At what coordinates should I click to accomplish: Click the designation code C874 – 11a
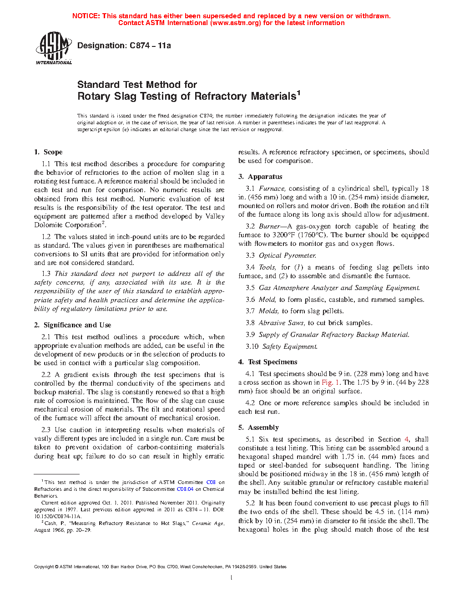coord(150,46)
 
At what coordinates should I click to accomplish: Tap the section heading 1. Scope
coord(48,152)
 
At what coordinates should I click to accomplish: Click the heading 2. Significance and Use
coord(72,325)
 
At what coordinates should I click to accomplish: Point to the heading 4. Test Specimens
coord(267,362)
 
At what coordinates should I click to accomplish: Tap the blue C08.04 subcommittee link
coord(185,489)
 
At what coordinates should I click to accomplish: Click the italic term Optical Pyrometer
coord(287,255)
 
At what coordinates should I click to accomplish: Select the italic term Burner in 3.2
coord(269,226)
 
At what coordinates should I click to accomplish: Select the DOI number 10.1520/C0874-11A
coord(57,516)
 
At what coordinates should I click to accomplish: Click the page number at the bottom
coord(232,578)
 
